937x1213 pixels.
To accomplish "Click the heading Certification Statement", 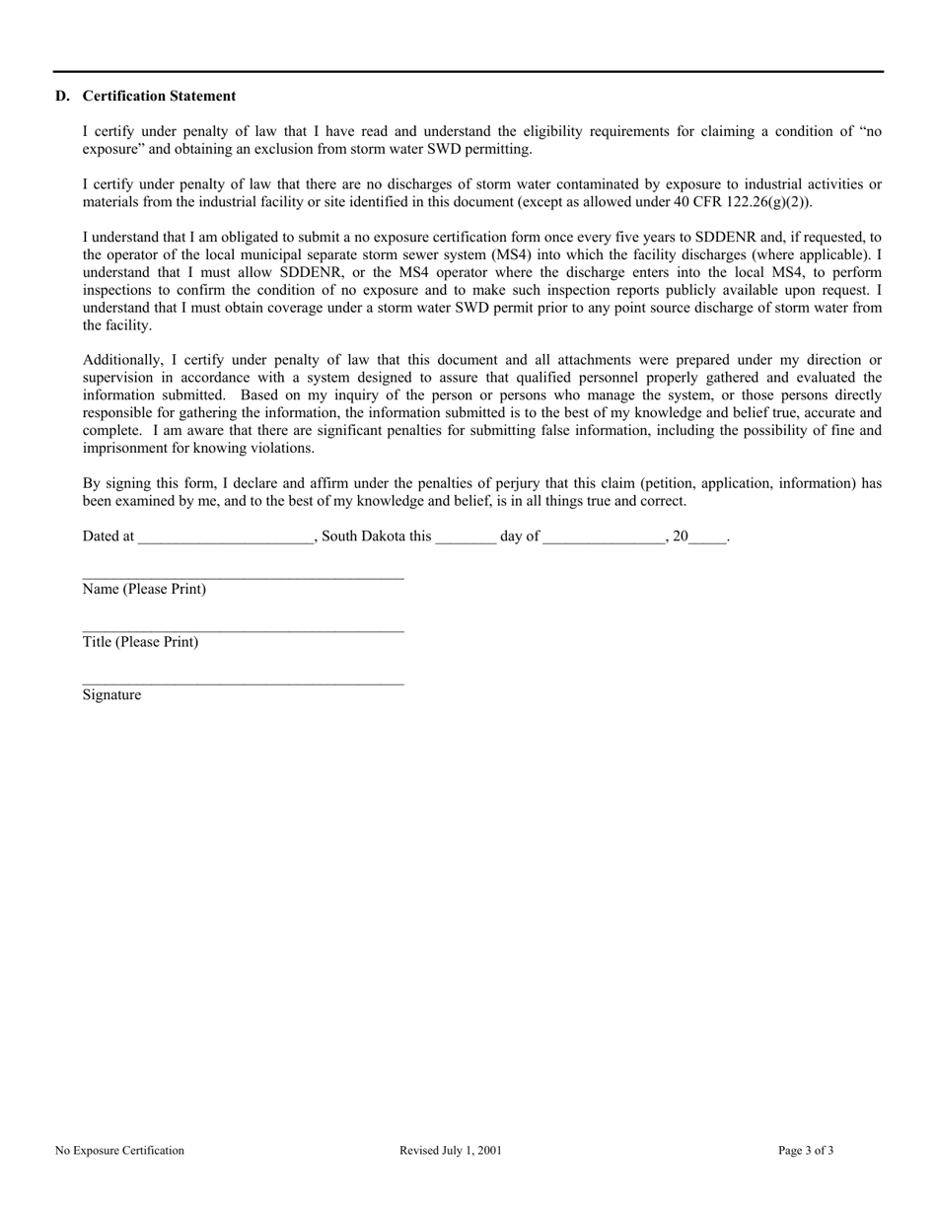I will [x=159, y=96].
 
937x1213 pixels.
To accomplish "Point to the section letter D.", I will [x=62, y=96].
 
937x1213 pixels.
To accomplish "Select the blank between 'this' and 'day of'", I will [x=465, y=537].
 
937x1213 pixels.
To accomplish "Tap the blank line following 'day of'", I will [x=604, y=537].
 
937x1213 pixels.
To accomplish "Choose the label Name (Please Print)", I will [x=144, y=590].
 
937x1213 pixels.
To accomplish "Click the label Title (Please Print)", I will [x=140, y=642].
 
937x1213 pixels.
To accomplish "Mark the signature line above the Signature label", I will [x=243, y=682].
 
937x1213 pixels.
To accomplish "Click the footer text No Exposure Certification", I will [x=119, y=1150].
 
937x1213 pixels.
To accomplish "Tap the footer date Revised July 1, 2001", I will [x=451, y=1150].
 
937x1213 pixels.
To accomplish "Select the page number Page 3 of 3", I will [x=806, y=1150].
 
